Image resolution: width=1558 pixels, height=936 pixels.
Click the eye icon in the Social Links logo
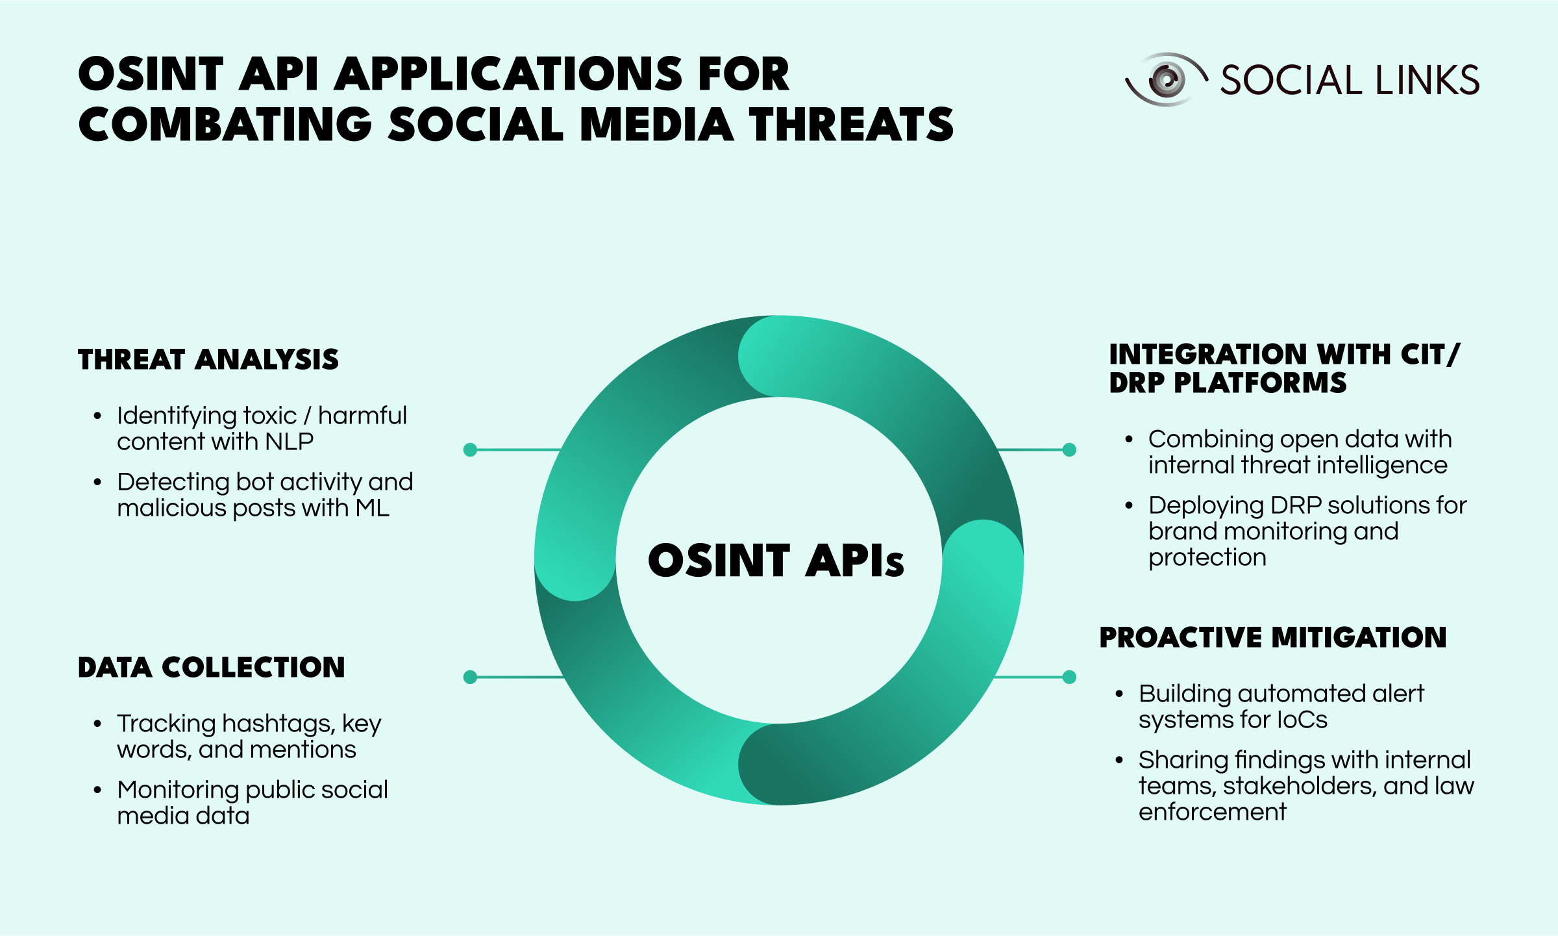pyautogui.click(x=1167, y=79)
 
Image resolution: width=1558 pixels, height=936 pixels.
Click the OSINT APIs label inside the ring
pyautogui.click(x=776, y=561)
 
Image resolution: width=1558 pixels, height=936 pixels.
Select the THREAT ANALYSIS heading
pyautogui.click(x=208, y=359)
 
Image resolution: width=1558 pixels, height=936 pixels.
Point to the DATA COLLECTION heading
pyautogui.click(x=212, y=667)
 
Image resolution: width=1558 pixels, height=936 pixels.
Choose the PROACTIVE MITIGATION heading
pyautogui.click(x=1273, y=637)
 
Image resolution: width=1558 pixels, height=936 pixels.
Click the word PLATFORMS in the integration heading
pyautogui.click(x=1260, y=383)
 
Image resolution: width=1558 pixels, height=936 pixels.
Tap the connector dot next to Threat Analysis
pyautogui.click(x=471, y=449)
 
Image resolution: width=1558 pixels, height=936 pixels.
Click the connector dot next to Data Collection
pyautogui.click(x=471, y=677)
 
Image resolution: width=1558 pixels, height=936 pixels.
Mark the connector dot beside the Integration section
pyautogui.click(x=1069, y=449)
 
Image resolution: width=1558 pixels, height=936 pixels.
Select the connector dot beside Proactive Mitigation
pyautogui.click(x=1069, y=677)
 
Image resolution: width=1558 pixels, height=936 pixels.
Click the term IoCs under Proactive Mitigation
pyautogui.click(x=1302, y=720)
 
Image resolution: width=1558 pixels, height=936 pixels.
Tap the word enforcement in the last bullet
pyautogui.click(x=1212, y=812)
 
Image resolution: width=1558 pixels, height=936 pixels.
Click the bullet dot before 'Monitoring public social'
pyautogui.click(x=97, y=791)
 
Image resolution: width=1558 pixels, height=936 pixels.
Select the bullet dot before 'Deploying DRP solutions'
pyautogui.click(x=1129, y=506)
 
